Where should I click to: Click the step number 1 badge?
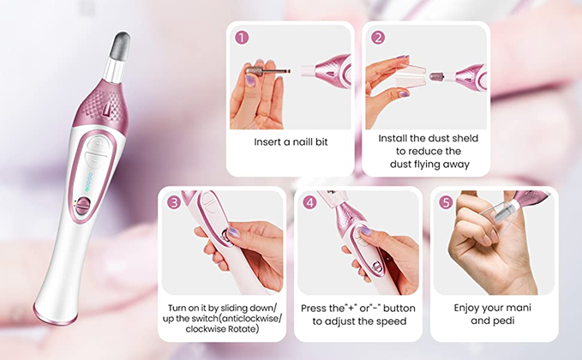click(x=242, y=38)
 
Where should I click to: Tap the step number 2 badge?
click(x=378, y=38)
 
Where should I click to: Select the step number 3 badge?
click(x=174, y=202)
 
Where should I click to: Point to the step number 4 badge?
click(x=310, y=202)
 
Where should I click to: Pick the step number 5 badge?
click(x=446, y=202)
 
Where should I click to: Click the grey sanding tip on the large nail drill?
click(x=121, y=46)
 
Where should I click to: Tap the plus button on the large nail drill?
click(x=99, y=144)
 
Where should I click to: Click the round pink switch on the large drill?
click(x=83, y=206)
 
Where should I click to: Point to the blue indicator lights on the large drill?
click(x=88, y=182)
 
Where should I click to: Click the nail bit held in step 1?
click(x=268, y=70)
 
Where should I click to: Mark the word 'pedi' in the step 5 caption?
click(x=503, y=321)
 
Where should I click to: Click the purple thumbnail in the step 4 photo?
click(x=366, y=231)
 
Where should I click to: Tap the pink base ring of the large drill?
click(x=55, y=315)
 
